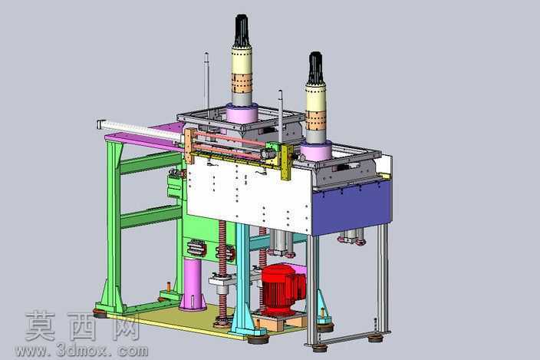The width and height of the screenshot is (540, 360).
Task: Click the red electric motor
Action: click(x=282, y=289)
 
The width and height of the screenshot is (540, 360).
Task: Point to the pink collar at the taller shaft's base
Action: click(x=242, y=113)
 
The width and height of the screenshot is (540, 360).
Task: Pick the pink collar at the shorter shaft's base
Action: click(x=316, y=150)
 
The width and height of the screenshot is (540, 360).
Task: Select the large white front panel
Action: click(x=249, y=194)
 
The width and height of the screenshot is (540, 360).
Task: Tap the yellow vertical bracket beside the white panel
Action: click(x=287, y=162)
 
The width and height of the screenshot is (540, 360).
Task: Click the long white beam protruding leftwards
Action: click(x=140, y=130)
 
